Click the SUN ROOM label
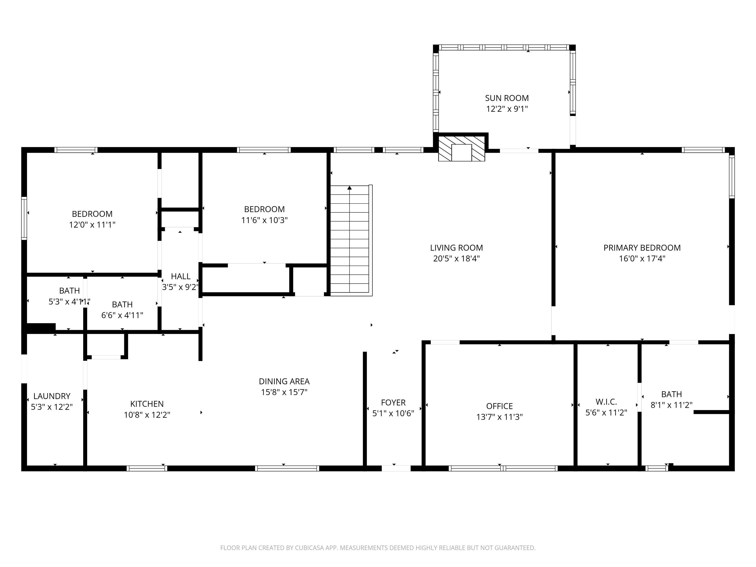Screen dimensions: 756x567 point(507,98)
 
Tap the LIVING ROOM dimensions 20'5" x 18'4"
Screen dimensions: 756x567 point(457,259)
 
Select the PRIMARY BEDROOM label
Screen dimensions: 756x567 point(642,248)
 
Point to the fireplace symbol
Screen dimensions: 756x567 point(461,149)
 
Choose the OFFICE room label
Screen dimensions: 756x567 point(499,406)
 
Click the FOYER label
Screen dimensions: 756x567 point(393,403)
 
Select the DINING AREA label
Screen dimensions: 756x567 point(284,381)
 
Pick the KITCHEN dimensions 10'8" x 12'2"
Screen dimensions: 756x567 point(147,415)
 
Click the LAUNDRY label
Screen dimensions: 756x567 point(52,396)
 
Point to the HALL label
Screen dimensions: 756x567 point(180,276)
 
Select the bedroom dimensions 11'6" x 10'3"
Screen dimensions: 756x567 point(264,220)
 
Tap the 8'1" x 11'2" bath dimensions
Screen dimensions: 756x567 point(671,405)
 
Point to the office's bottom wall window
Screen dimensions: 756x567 point(503,469)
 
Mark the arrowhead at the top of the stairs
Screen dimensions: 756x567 point(349,188)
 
